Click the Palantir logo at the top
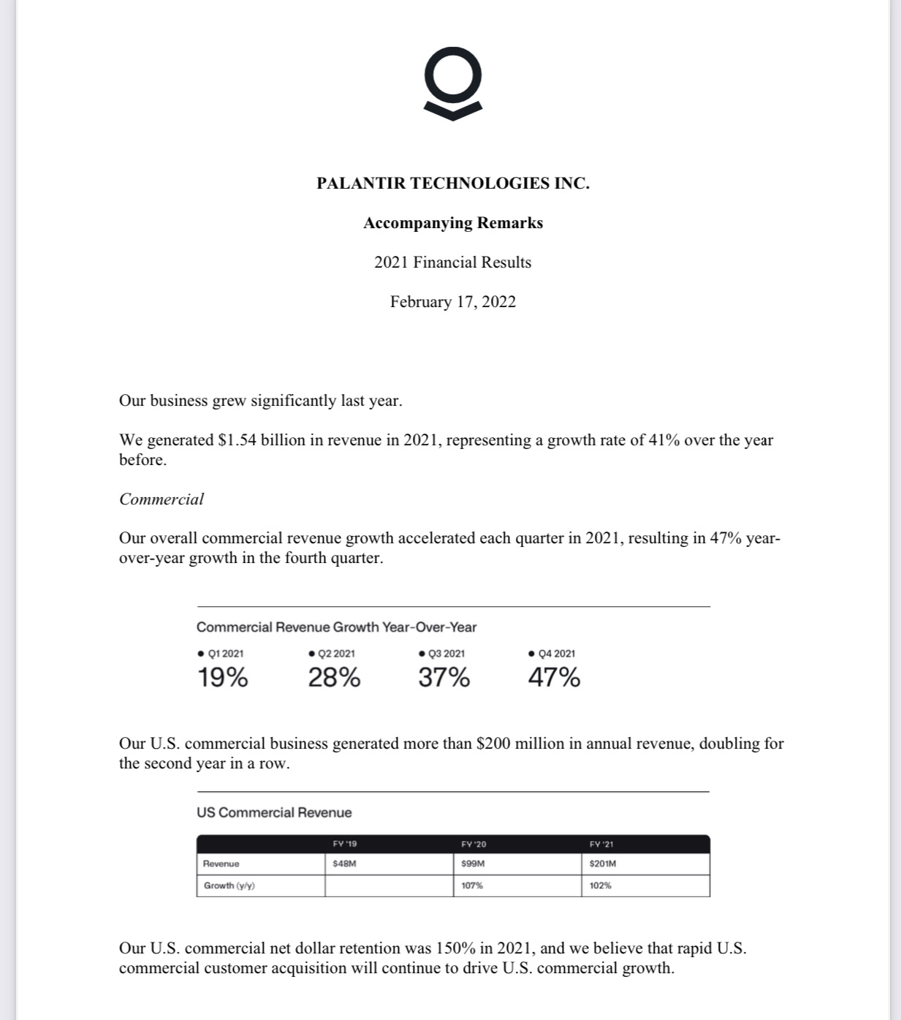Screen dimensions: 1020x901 pyautogui.click(x=453, y=83)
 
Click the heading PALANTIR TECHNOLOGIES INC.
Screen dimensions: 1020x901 pyautogui.click(x=452, y=184)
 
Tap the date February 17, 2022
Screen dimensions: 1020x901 pyautogui.click(x=452, y=302)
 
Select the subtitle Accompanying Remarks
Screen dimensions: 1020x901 pyautogui.click(x=452, y=223)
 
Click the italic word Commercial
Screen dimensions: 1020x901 pyautogui.click(x=161, y=499)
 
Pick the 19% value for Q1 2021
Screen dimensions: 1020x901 pyautogui.click(x=223, y=678)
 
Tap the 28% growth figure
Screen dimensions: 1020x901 pyautogui.click(x=334, y=678)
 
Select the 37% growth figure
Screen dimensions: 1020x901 pyautogui.click(x=444, y=678)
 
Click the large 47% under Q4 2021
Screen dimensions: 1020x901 pyautogui.click(x=554, y=678)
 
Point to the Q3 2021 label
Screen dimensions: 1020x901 pyautogui.click(x=446, y=654)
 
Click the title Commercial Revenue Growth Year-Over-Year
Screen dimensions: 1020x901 pyautogui.click(x=336, y=627)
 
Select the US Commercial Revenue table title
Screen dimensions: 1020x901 pyautogui.click(x=274, y=812)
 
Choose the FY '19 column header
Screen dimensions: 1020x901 pyautogui.click(x=345, y=844)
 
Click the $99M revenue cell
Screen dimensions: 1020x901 pyautogui.click(x=474, y=864)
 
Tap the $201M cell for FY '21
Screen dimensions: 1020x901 pyautogui.click(x=603, y=864)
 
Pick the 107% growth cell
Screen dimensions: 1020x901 pyautogui.click(x=472, y=885)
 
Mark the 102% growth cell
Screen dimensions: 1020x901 pyautogui.click(x=601, y=885)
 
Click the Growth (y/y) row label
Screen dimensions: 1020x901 pyautogui.click(x=229, y=885)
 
